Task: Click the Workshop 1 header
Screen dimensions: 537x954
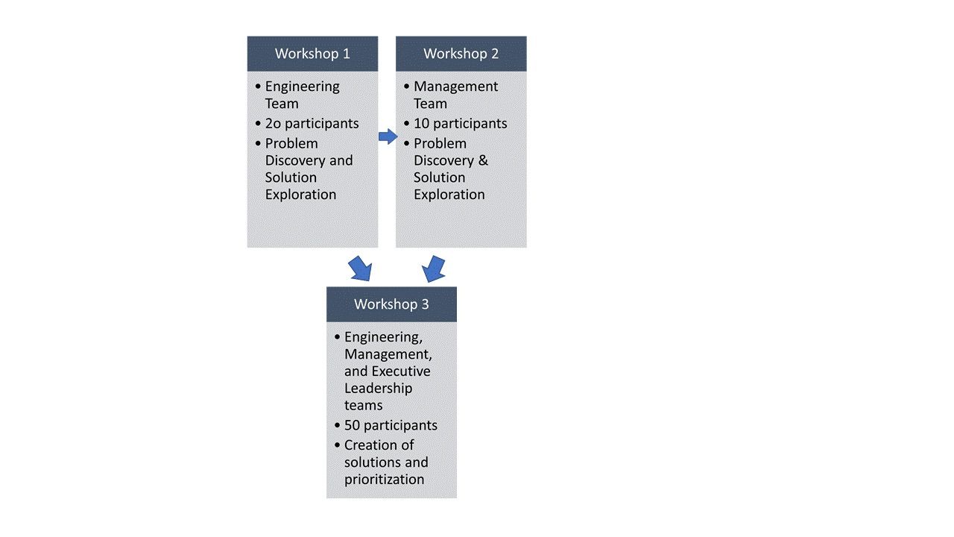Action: [312, 54]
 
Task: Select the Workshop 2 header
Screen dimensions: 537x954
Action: [461, 54]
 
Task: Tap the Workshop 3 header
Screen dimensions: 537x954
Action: [391, 304]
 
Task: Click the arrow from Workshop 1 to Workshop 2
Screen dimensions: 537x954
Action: [388, 136]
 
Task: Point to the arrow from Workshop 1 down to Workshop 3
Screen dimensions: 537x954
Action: [360, 268]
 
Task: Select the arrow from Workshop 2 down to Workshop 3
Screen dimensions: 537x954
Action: [434, 268]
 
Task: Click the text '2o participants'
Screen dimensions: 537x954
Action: [312, 124]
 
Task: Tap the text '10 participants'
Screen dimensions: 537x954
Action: [460, 124]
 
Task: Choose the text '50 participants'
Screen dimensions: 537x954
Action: [391, 425]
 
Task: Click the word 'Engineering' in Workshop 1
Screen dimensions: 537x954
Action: [302, 87]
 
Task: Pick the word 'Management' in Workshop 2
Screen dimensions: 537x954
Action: [455, 87]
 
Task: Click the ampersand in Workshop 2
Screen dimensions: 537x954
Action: [482, 160]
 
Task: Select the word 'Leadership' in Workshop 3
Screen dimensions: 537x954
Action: [378, 389]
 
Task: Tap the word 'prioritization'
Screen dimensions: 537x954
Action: [384, 480]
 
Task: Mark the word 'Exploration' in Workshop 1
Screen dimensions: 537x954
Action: [300, 195]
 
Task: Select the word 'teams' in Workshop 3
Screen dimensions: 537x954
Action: [363, 406]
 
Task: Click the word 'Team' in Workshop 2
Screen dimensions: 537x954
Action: [430, 104]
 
